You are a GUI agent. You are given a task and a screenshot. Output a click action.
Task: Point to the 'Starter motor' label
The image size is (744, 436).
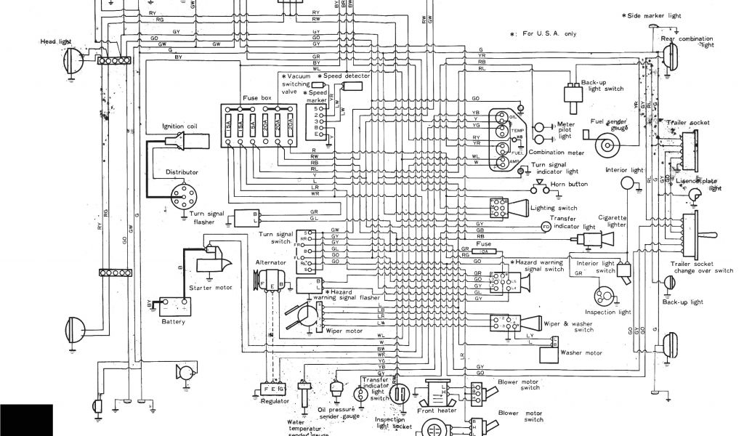210,288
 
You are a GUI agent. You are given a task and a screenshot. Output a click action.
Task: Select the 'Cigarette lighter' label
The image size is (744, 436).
612,221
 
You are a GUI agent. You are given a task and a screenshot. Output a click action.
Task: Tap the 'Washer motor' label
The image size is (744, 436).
582,353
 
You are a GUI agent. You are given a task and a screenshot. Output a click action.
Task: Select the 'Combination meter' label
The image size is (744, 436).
557,152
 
